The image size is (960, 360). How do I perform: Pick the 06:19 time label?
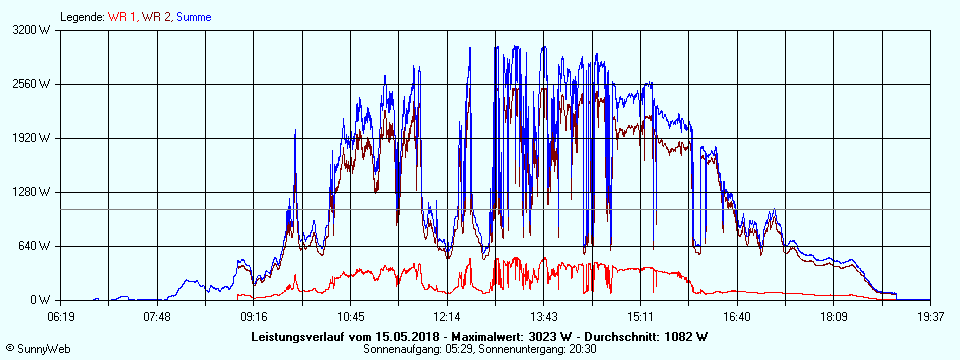pyautogui.click(x=61, y=317)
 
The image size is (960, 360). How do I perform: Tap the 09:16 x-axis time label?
pyautogui.click(x=254, y=317)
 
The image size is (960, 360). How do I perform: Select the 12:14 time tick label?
pyautogui.click(x=447, y=317)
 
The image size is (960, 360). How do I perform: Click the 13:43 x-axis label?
pyautogui.click(x=543, y=317)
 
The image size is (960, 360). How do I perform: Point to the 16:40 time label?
pyautogui.click(x=737, y=317)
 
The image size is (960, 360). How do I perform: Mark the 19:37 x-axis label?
pyautogui.click(x=930, y=317)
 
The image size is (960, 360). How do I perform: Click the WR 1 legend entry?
pyautogui.click(x=123, y=17)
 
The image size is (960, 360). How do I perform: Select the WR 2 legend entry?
pyautogui.click(x=156, y=17)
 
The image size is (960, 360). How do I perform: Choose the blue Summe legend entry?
pyautogui.click(x=194, y=17)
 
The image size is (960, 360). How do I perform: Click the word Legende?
pyautogui.click(x=82, y=17)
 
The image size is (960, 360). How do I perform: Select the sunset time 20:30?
pyautogui.click(x=583, y=349)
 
